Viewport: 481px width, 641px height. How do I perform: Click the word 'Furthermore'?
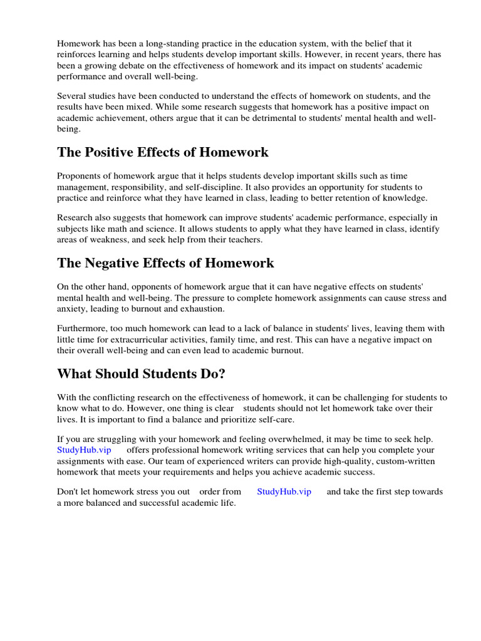click(x=82, y=329)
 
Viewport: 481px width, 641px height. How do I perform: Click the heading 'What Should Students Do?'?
click(x=141, y=374)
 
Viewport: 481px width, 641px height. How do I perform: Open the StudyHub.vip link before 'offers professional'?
click(x=84, y=450)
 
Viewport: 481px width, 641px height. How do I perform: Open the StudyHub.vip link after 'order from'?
click(x=284, y=491)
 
